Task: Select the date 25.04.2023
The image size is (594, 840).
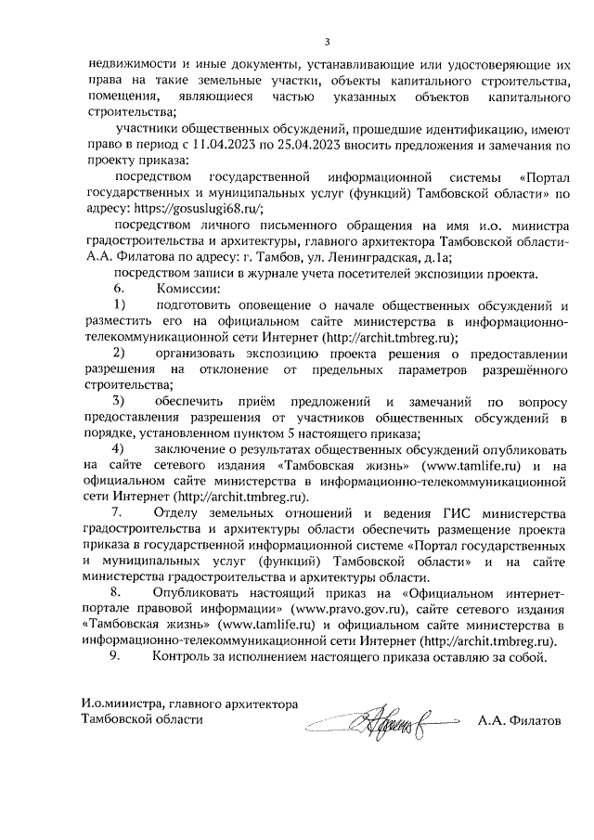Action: pos(320,144)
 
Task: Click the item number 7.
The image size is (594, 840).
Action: pos(116,513)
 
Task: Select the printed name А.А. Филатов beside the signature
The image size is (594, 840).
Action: pos(520,720)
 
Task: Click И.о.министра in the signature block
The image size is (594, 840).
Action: pos(122,704)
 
